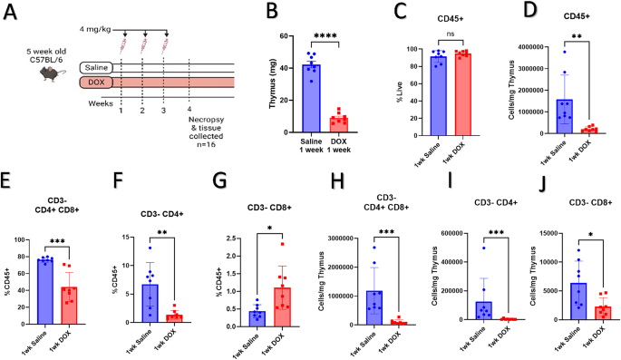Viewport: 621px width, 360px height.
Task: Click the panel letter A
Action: tap(14, 14)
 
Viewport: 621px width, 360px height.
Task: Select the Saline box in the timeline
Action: tap(98, 68)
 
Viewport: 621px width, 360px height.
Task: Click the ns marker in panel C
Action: tap(435, 40)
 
